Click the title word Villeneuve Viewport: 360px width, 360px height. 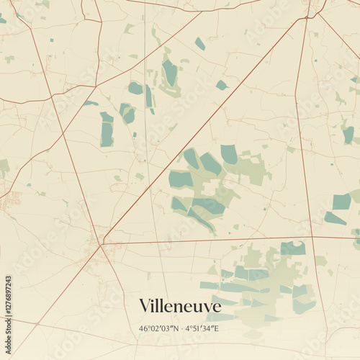(180, 306)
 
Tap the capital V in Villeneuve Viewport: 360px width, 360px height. (145, 306)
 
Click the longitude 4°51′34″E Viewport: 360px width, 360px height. (202, 328)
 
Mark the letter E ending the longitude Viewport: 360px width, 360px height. (217, 328)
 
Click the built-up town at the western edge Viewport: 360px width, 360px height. (11, 202)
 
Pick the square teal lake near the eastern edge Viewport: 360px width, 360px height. (341, 202)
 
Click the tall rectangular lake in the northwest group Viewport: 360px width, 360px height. (107, 130)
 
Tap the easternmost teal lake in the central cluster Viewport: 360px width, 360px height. (229, 154)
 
